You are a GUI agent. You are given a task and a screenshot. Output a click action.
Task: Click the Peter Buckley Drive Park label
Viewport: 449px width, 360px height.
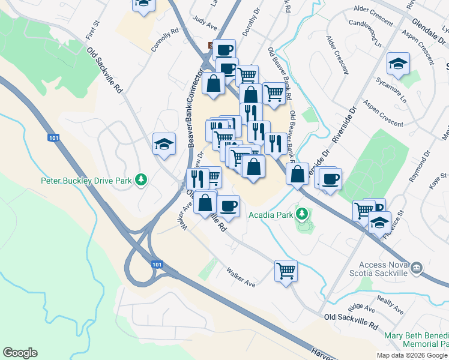point(86,179)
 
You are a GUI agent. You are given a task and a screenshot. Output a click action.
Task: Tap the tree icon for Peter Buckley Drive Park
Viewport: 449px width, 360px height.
point(141,179)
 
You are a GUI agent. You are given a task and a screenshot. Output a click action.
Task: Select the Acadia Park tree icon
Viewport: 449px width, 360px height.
point(303,213)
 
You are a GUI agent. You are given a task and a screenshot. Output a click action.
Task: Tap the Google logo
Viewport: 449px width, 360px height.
point(20,353)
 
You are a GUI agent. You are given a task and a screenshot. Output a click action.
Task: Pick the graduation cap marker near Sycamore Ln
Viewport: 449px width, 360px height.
point(397,64)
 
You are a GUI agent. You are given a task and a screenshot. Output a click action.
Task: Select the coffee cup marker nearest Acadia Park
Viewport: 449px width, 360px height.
point(228,206)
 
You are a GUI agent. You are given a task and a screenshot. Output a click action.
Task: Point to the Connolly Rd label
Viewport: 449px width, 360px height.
point(165,40)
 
